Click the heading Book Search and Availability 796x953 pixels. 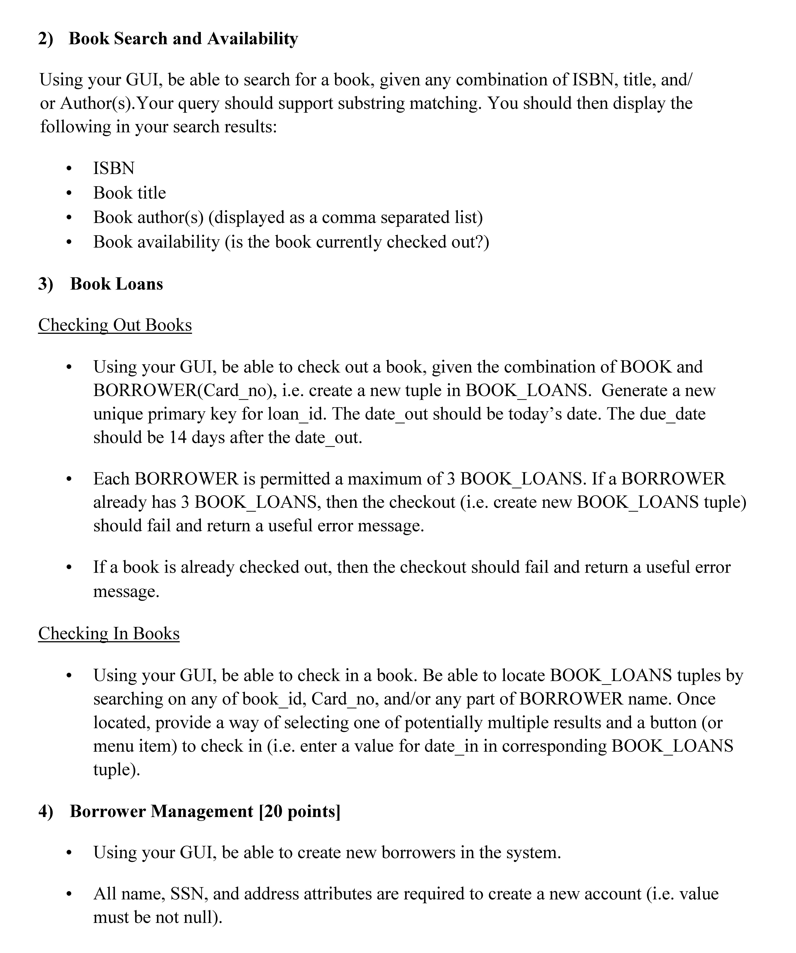point(183,39)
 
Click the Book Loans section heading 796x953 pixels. point(116,284)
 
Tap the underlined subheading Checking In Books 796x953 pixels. point(109,633)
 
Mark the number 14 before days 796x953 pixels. point(178,438)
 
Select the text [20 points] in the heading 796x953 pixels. point(300,811)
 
